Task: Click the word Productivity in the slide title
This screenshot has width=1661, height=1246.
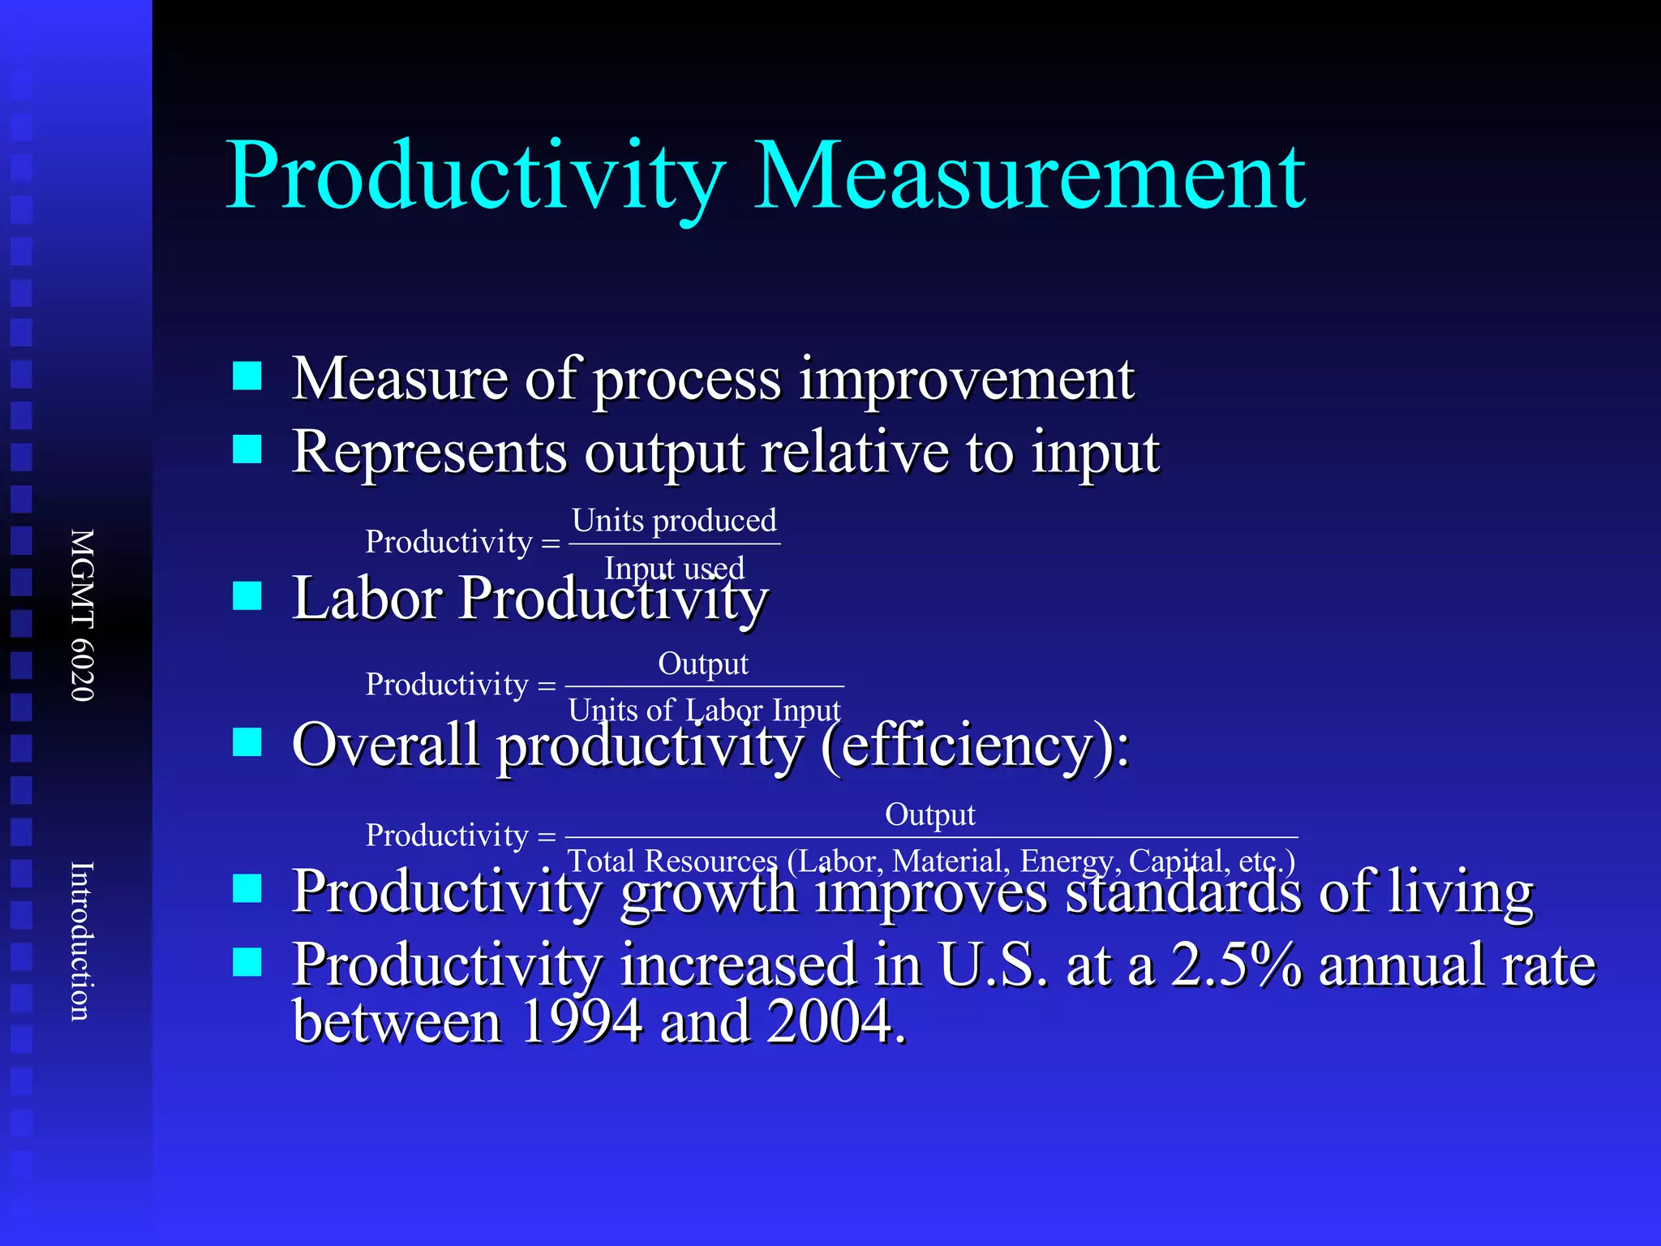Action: click(475, 177)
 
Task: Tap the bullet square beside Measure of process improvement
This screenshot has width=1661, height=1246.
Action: click(247, 376)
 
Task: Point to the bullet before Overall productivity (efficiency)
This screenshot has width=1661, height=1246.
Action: click(247, 741)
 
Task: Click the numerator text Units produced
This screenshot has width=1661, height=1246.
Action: click(674, 520)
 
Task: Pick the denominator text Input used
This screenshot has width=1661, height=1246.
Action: click(674, 568)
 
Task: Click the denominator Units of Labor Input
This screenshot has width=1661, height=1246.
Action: click(704, 710)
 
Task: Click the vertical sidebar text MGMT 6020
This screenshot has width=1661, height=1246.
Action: click(83, 615)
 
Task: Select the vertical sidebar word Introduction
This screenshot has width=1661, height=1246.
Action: click(83, 941)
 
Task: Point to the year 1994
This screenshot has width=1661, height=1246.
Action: click(581, 1021)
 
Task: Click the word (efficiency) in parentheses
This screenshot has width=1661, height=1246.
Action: click(974, 745)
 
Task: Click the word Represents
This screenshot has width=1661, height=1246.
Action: click(429, 452)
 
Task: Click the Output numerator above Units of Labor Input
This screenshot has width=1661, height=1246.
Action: click(703, 664)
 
